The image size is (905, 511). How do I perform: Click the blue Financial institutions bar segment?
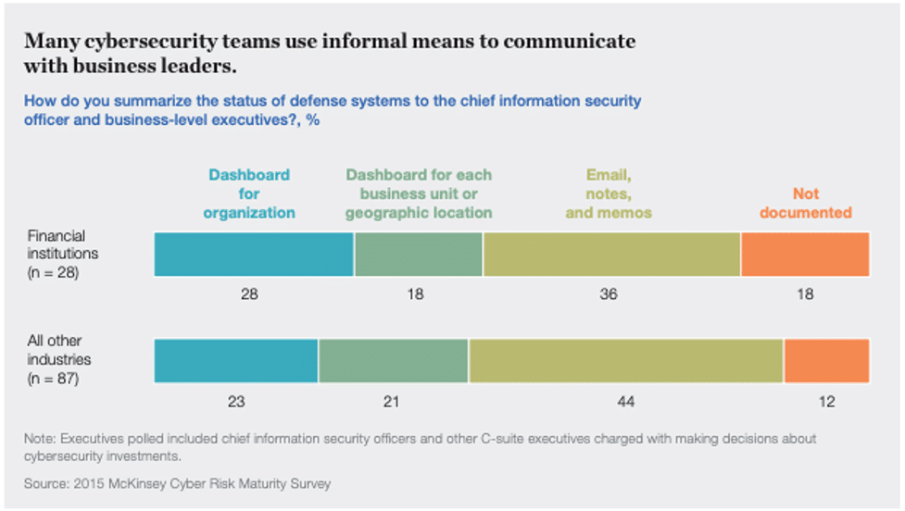coord(254,254)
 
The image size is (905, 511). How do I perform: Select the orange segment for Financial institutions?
coord(805,254)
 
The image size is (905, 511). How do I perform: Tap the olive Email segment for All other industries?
coord(625,361)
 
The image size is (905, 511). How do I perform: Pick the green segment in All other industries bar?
coord(393,361)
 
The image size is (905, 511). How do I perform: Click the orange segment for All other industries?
coord(826,361)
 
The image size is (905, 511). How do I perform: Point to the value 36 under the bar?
coord(609,294)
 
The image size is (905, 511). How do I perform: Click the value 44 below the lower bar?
coord(626,402)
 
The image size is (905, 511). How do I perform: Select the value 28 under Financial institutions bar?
coord(249,294)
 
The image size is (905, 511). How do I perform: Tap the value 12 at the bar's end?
coord(827,402)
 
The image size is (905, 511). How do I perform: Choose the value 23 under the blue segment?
coord(235,402)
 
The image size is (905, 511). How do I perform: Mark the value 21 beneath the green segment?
coord(393,402)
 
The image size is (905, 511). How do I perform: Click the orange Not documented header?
coord(805,203)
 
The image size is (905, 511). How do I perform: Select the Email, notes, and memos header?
coord(609,193)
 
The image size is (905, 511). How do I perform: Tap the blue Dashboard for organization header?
coord(249,193)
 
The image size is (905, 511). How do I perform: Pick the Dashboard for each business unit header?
coord(419,193)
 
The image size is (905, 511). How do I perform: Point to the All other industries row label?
coord(59,360)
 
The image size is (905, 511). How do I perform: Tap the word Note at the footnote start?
coord(40,439)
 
